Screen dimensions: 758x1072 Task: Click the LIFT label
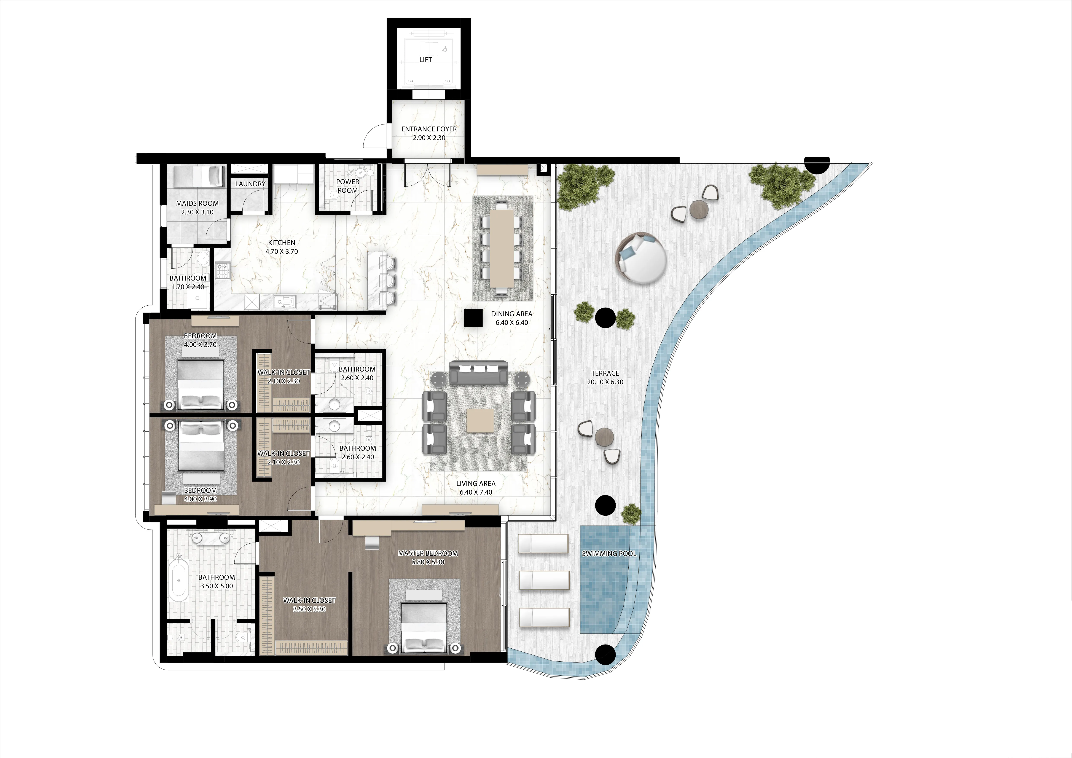click(x=425, y=60)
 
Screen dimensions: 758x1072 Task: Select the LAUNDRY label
click(x=250, y=184)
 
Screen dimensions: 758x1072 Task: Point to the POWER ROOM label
click(x=347, y=186)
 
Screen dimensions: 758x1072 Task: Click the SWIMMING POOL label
click(x=609, y=554)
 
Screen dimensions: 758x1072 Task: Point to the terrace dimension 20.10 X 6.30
click(x=605, y=382)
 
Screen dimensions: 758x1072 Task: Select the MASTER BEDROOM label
click(x=428, y=554)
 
